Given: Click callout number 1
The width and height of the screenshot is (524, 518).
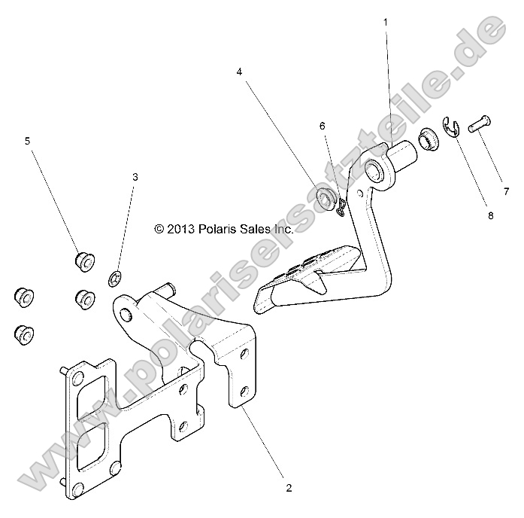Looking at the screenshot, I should pos(386,22).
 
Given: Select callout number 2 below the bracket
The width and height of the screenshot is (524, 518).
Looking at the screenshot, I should pos(289,488).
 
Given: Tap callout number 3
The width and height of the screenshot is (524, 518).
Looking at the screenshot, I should pos(135,177).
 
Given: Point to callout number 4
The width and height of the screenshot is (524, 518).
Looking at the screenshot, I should pos(239,72).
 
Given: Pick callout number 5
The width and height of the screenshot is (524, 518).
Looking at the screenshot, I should pos(28,140).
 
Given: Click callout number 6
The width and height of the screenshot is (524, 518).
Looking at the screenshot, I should pos(322,125).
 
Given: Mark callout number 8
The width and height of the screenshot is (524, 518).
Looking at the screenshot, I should pos(490,215).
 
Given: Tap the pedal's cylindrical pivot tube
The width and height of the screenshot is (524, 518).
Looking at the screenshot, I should pos(402,158).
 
